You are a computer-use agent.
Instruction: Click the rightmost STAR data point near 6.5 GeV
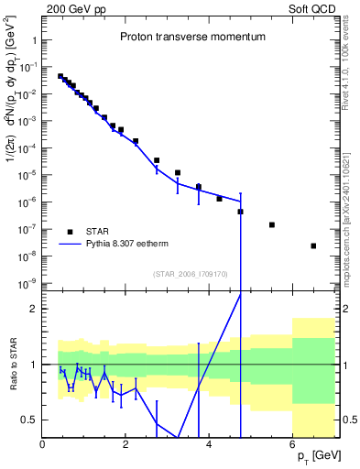(x=313, y=245)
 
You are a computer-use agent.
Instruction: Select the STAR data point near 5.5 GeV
(x=272, y=224)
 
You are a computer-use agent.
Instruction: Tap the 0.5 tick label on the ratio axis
(x=31, y=420)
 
